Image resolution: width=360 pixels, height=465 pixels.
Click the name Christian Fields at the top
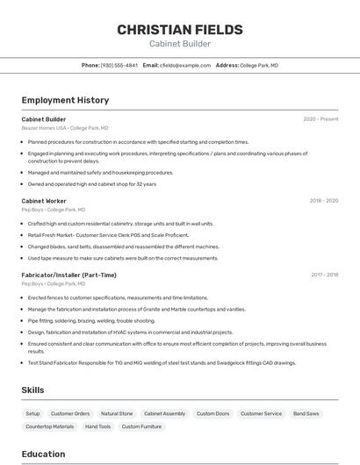click(x=180, y=29)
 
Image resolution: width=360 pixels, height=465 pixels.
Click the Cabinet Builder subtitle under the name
click(x=180, y=43)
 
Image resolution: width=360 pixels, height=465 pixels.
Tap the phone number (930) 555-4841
click(x=119, y=65)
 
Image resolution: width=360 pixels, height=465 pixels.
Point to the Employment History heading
click(x=65, y=100)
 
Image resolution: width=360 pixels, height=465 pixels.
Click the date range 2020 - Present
click(x=320, y=119)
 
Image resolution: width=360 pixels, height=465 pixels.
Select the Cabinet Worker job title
click(x=44, y=201)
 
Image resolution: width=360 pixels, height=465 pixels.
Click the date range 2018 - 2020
click(x=323, y=201)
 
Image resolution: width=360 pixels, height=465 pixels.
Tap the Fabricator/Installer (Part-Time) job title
click(x=68, y=275)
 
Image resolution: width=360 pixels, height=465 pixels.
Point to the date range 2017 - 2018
click(x=324, y=275)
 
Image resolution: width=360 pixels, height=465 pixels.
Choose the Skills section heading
click(x=33, y=390)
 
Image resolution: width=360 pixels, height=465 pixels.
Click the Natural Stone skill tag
click(x=117, y=413)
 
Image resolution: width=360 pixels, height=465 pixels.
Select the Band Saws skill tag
click(x=306, y=413)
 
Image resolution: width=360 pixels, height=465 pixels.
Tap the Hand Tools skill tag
click(x=97, y=426)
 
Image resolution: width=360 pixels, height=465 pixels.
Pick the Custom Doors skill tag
click(x=212, y=413)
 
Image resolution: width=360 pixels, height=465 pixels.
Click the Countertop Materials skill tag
click(x=50, y=426)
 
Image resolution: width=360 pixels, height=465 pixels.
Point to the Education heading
click(x=43, y=454)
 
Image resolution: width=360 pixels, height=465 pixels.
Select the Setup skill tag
click(x=32, y=413)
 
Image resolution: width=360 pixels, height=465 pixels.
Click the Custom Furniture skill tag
click(x=141, y=426)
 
